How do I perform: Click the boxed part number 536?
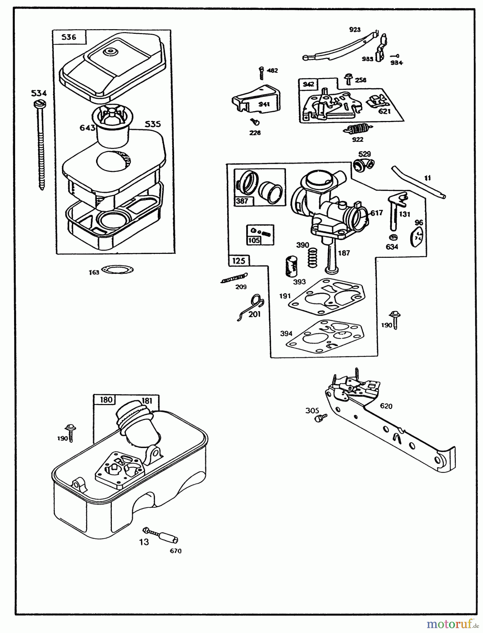coord(69,37)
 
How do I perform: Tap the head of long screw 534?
coord(38,104)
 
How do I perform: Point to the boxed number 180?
coord(106,400)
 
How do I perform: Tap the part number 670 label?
coord(176,551)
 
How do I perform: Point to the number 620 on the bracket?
coord(386,406)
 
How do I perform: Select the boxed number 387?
coord(242,201)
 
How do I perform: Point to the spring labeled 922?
coord(357,129)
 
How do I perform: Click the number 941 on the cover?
coord(263,104)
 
